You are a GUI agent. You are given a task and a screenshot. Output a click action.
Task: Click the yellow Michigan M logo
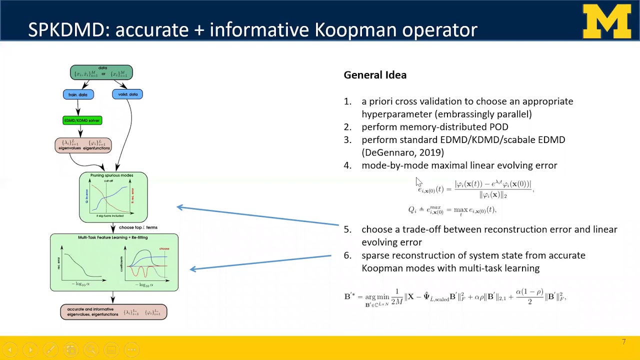pyautogui.click(x=607, y=21)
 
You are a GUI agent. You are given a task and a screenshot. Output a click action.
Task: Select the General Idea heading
pyautogui.click(x=375, y=75)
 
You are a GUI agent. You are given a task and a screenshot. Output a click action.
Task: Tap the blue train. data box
pyautogui.click(x=78, y=94)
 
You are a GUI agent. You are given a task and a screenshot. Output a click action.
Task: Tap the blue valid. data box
pyautogui.click(x=127, y=94)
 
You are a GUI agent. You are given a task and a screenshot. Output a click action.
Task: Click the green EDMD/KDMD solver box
pyautogui.click(x=82, y=120)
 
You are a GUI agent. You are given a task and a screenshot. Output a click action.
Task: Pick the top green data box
pyautogui.click(x=101, y=72)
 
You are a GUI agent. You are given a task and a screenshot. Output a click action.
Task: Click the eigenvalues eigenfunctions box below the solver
pyautogui.click(x=83, y=145)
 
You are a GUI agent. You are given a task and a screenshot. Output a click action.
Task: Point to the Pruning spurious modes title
pyautogui.click(x=111, y=175)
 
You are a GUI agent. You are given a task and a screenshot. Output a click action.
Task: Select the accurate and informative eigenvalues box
pyautogui.click(x=113, y=312)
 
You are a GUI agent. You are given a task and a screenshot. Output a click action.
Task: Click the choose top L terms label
pyautogui.click(x=138, y=227)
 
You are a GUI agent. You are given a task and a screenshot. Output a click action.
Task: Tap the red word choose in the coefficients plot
pyautogui.click(x=164, y=248)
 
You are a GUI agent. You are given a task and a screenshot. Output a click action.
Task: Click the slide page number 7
pyautogui.click(x=623, y=342)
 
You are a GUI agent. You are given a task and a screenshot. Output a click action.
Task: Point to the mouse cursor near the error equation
pyautogui.click(x=418, y=182)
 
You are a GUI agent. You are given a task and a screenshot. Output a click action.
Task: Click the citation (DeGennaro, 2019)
pyautogui.click(x=402, y=152)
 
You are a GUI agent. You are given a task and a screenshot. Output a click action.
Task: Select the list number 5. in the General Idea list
pyautogui.click(x=347, y=229)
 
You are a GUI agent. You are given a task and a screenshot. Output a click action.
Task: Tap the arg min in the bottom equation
pyautogui.click(x=377, y=296)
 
